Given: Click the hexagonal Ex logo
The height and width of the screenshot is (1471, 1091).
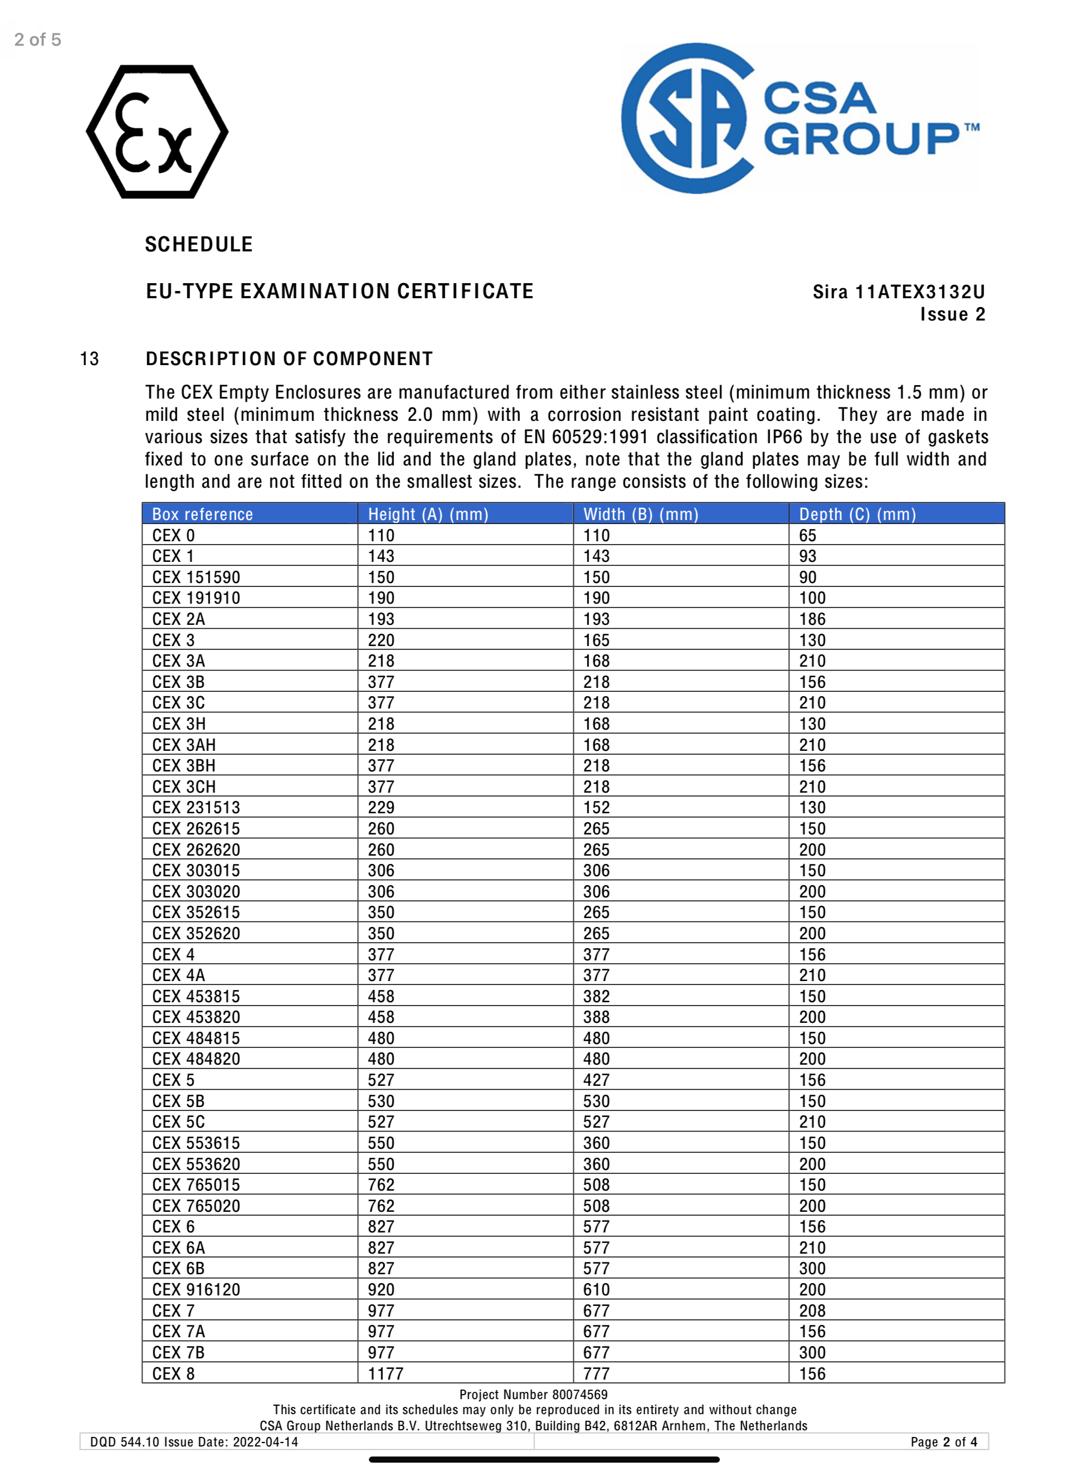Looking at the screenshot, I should (x=157, y=132).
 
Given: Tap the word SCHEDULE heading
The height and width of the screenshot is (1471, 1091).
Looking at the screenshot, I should (x=199, y=244).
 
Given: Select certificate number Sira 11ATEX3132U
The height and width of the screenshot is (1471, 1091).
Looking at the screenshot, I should (x=898, y=292).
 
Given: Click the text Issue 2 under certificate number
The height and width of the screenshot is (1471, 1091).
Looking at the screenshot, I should (x=952, y=314).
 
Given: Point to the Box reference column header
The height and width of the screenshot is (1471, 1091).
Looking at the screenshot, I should (x=202, y=514).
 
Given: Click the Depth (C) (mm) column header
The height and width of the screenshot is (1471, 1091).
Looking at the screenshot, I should (x=857, y=514).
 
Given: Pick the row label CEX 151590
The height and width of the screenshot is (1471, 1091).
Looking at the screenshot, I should (x=196, y=577).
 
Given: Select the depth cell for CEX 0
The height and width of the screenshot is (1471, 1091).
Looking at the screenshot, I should (x=808, y=535).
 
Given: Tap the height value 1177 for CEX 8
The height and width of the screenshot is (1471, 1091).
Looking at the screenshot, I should (x=385, y=1374).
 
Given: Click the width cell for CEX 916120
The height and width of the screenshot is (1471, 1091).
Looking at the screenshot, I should (x=596, y=1289).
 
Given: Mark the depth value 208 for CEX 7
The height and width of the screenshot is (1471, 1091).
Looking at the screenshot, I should (x=812, y=1310).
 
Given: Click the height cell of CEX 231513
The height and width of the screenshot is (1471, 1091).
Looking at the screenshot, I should (x=381, y=807).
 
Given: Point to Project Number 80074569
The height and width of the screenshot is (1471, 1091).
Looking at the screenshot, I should (x=533, y=1395).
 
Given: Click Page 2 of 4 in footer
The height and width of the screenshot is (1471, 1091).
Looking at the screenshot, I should (x=943, y=1442).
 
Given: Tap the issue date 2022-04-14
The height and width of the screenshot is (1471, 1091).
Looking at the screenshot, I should (x=265, y=1442).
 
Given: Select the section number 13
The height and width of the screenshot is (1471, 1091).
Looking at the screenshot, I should (x=89, y=358).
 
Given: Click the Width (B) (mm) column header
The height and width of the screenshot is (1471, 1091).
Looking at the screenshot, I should (x=641, y=514).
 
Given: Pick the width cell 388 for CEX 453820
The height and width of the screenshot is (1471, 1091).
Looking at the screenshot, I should (x=596, y=1017).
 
